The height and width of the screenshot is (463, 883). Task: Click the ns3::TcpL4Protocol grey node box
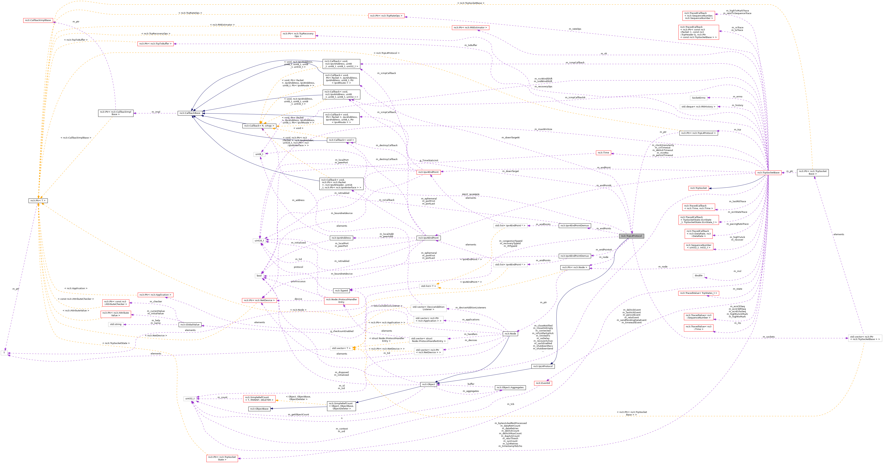(x=631, y=236)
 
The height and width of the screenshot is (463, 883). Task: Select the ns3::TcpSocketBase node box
(x=768, y=172)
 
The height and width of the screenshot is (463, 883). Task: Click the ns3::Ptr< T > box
(x=38, y=201)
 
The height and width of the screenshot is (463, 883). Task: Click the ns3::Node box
(x=510, y=334)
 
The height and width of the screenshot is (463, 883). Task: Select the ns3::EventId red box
(x=543, y=383)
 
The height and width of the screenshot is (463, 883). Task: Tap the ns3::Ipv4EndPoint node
(x=428, y=172)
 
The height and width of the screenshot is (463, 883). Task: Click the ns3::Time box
(x=603, y=153)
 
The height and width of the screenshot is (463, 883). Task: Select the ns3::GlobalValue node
(x=190, y=325)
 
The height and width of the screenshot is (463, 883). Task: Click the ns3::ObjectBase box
(x=259, y=409)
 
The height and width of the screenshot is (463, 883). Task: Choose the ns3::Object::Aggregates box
(x=510, y=388)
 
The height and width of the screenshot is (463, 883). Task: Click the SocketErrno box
(x=698, y=98)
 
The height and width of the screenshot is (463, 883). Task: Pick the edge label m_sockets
(x=769, y=337)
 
